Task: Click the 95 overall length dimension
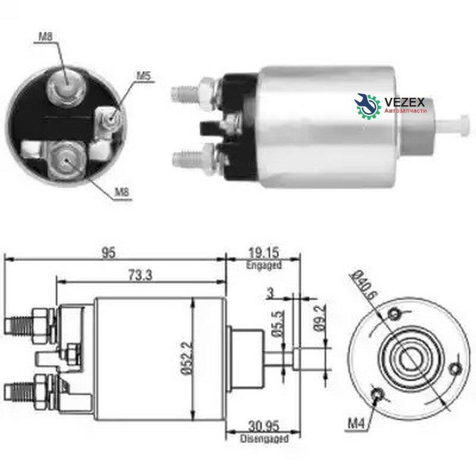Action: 108,253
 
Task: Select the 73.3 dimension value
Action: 140,276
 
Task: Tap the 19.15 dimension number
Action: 263,253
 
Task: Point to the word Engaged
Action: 264,265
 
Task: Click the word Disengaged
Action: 264,438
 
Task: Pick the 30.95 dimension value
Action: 263,426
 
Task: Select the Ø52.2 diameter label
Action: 188,358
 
